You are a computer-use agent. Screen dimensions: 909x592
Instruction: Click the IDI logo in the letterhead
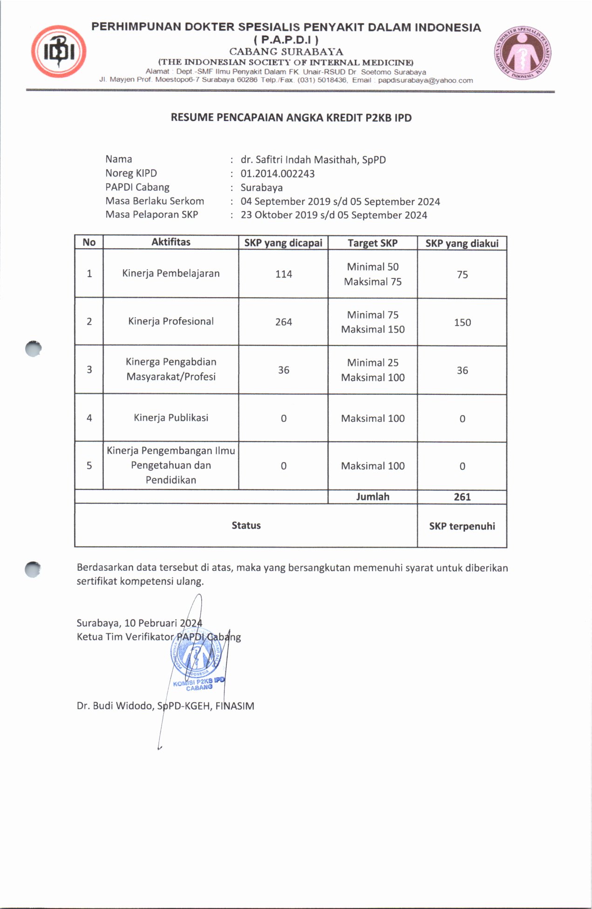click(59, 52)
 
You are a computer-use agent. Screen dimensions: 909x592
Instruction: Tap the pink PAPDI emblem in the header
click(523, 52)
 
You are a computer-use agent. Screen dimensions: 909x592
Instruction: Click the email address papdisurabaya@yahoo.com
click(425, 81)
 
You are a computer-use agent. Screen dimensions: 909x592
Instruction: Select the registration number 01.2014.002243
click(278, 174)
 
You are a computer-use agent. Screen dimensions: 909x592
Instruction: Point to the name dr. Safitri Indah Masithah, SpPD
click(313, 160)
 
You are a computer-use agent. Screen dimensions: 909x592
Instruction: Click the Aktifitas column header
click(171, 242)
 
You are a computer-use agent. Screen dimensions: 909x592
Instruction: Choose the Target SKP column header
click(373, 243)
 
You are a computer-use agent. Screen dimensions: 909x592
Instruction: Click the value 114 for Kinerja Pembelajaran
click(284, 274)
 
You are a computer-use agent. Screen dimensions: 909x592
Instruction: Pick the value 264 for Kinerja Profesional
click(284, 322)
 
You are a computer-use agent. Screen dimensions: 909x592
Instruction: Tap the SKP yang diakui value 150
click(463, 323)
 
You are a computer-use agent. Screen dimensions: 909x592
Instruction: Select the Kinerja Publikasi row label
click(171, 418)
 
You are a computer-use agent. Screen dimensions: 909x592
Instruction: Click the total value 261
click(463, 497)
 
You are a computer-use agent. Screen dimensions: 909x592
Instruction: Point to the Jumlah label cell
click(373, 497)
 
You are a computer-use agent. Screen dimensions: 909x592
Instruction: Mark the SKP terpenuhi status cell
click(462, 526)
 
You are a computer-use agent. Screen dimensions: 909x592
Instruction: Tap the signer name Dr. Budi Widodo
click(115, 706)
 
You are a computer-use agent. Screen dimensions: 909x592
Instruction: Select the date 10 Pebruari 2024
click(163, 624)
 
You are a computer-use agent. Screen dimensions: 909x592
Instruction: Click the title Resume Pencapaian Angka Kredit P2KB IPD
click(291, 118)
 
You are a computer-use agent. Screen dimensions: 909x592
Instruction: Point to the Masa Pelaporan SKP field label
click(152, 215)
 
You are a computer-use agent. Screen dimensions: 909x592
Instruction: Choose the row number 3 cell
click(89, 370)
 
